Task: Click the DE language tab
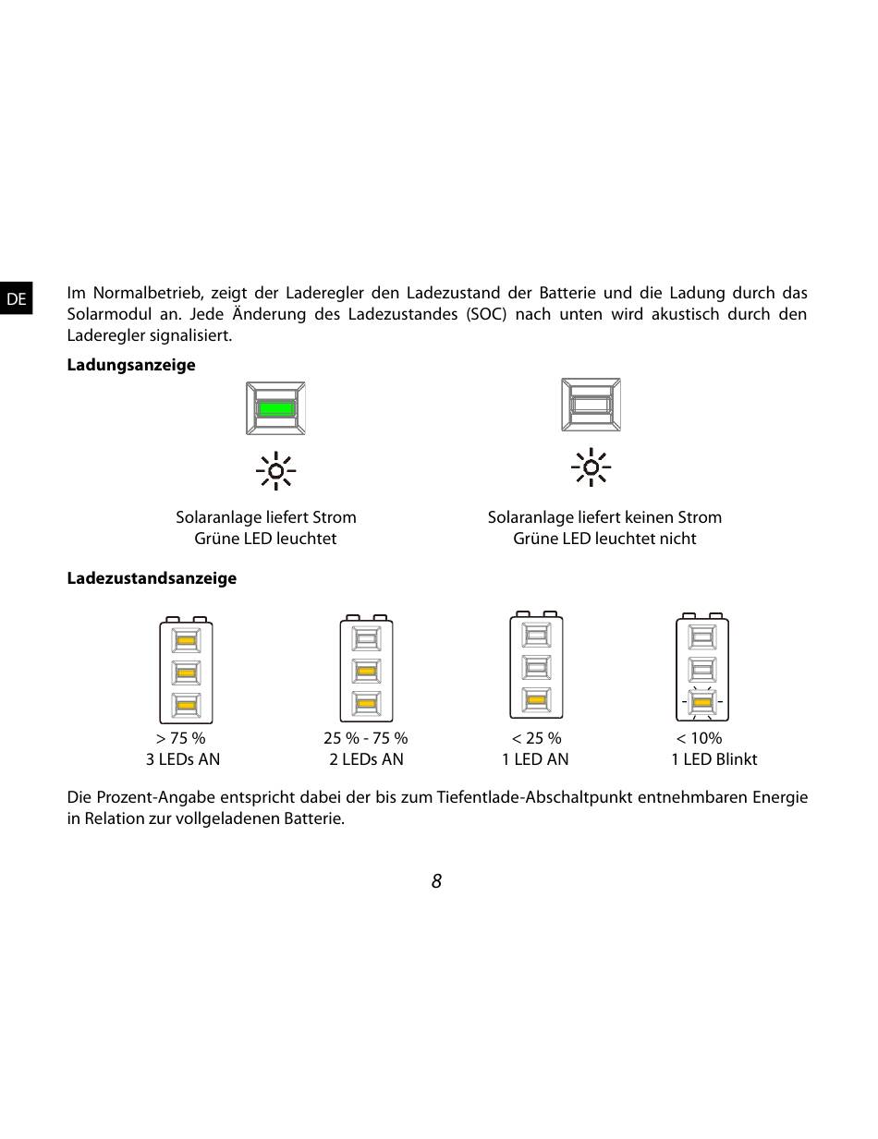16,299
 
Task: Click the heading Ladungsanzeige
131,365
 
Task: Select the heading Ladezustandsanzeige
152,578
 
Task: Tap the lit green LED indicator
275,407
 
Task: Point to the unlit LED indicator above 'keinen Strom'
591,405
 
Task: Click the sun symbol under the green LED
275,471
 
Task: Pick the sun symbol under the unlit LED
591,467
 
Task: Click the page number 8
436,881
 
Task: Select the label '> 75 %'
181,738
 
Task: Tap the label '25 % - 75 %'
365,738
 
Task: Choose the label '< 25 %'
536,738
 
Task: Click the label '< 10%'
699,738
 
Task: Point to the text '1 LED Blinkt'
713,759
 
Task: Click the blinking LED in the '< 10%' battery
702,704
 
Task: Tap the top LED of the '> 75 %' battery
186,640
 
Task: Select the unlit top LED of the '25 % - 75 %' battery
366,638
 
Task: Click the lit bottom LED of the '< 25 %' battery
536,700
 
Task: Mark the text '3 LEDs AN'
183,759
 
